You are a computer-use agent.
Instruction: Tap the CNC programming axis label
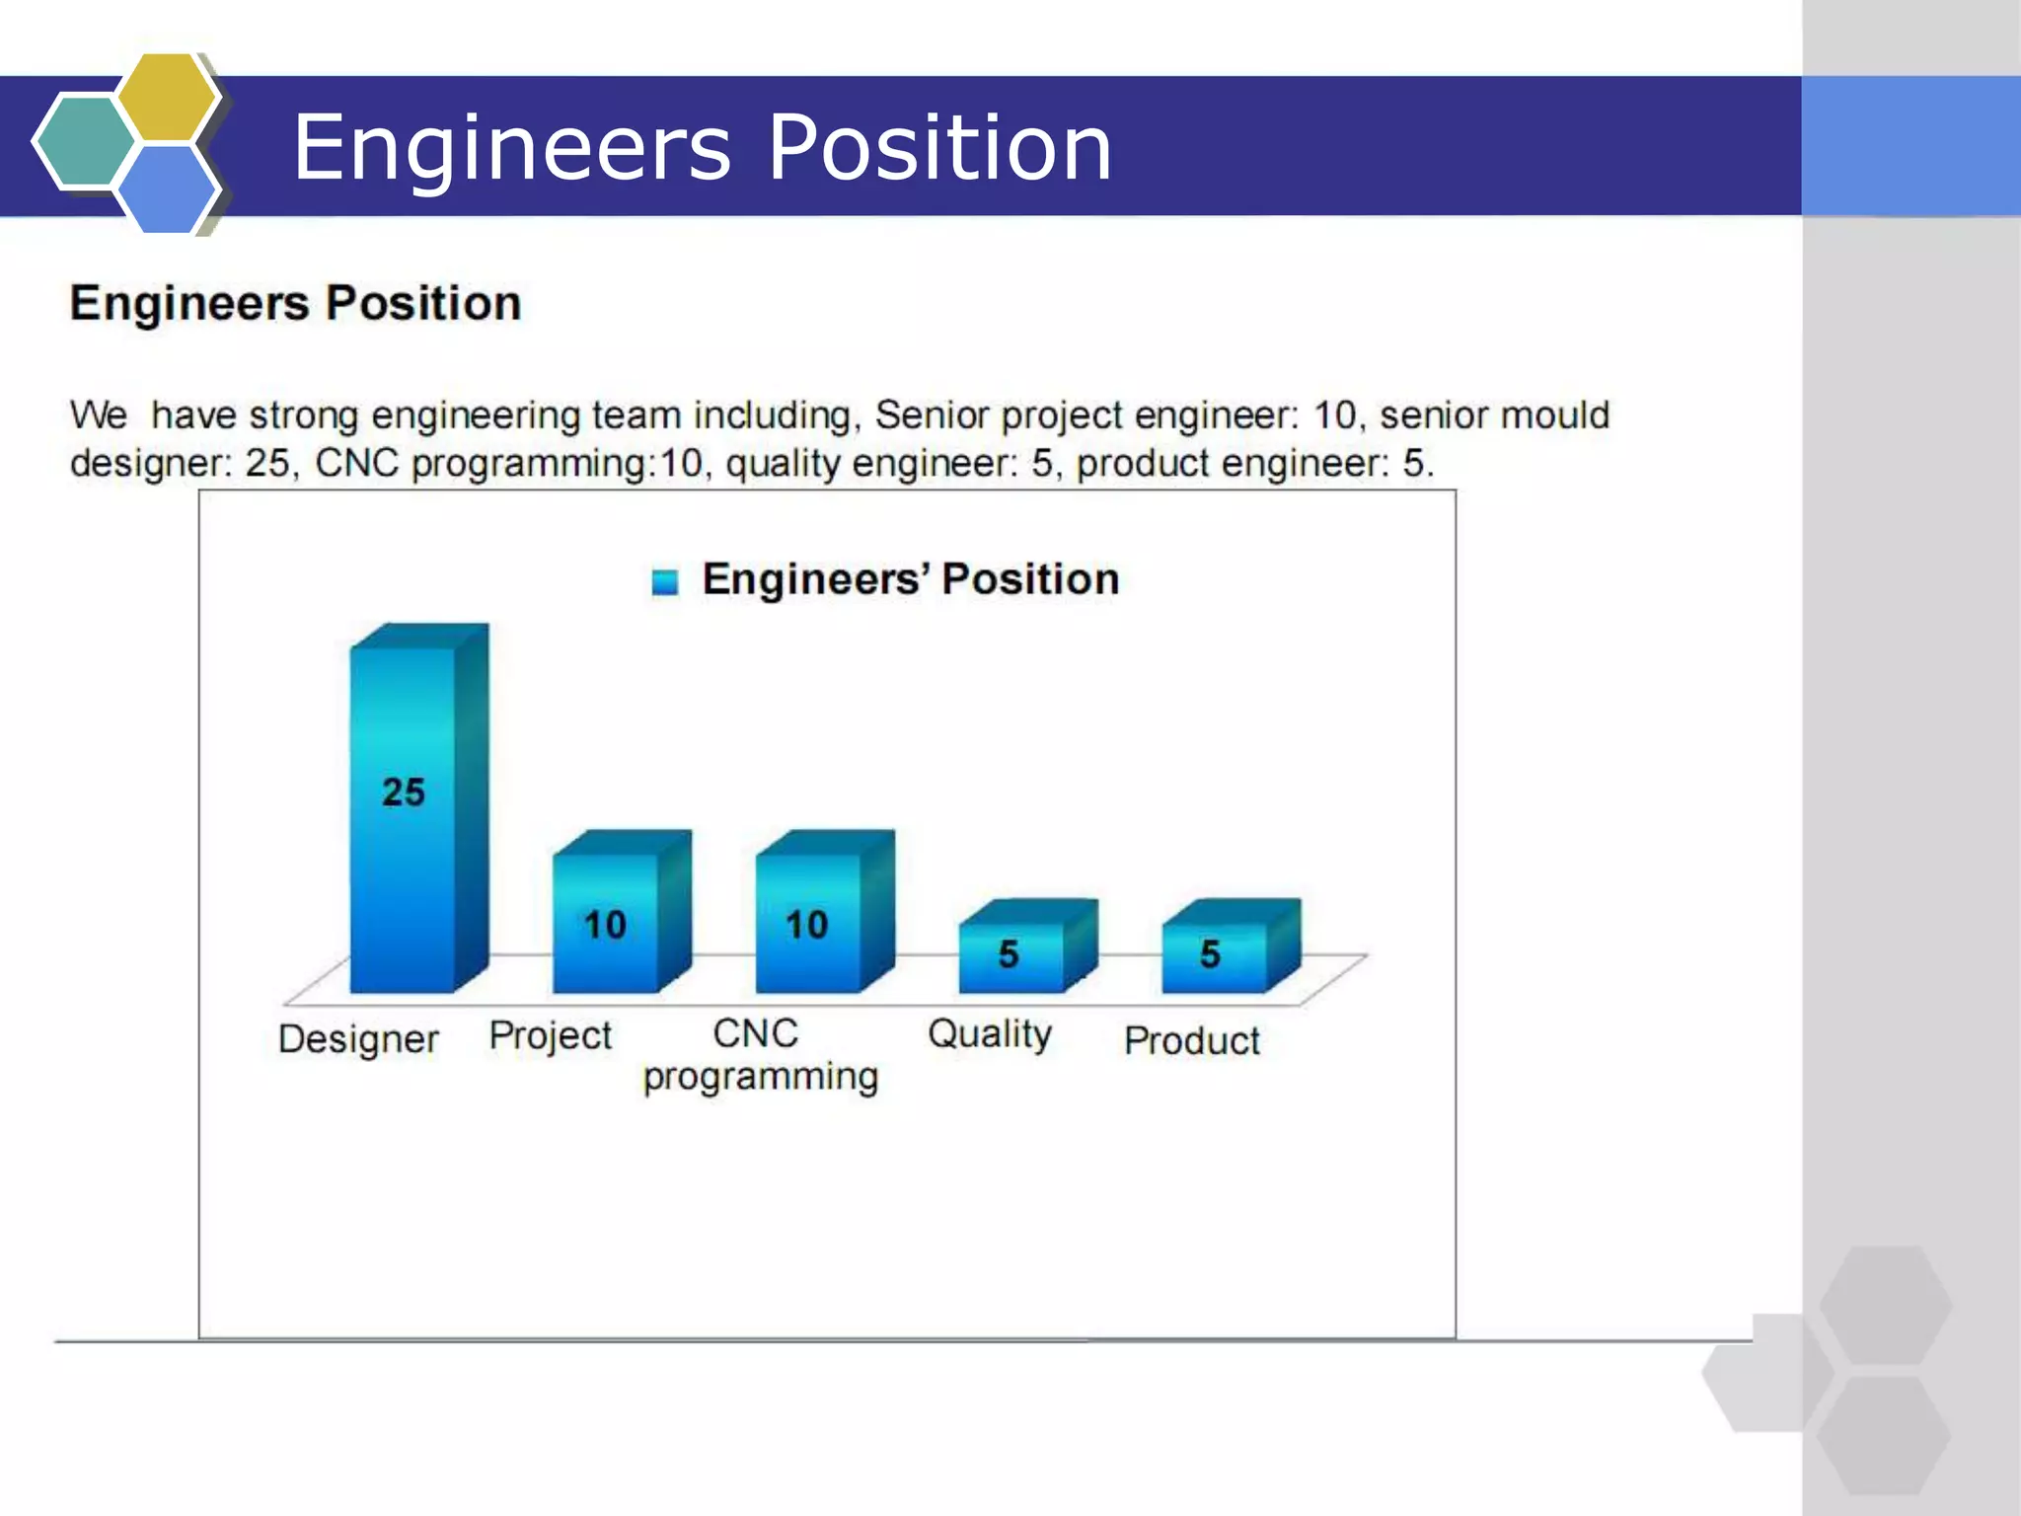click(759, 1055)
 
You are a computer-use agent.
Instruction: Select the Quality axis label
click(990, 1034)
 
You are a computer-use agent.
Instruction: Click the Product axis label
click(1192, 1041)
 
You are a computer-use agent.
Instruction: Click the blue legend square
click(665, 582)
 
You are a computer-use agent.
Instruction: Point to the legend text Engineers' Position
click(911, 579)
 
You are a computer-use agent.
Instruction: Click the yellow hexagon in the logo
click(168, 97)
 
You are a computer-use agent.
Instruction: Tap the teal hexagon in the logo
click(84, 141)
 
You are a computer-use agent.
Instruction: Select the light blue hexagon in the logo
click(166, 189)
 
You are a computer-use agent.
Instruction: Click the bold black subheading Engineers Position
click(295, 303)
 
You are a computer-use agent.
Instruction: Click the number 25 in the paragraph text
click(267, 463)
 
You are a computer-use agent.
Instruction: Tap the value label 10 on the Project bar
click(605, 925)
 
